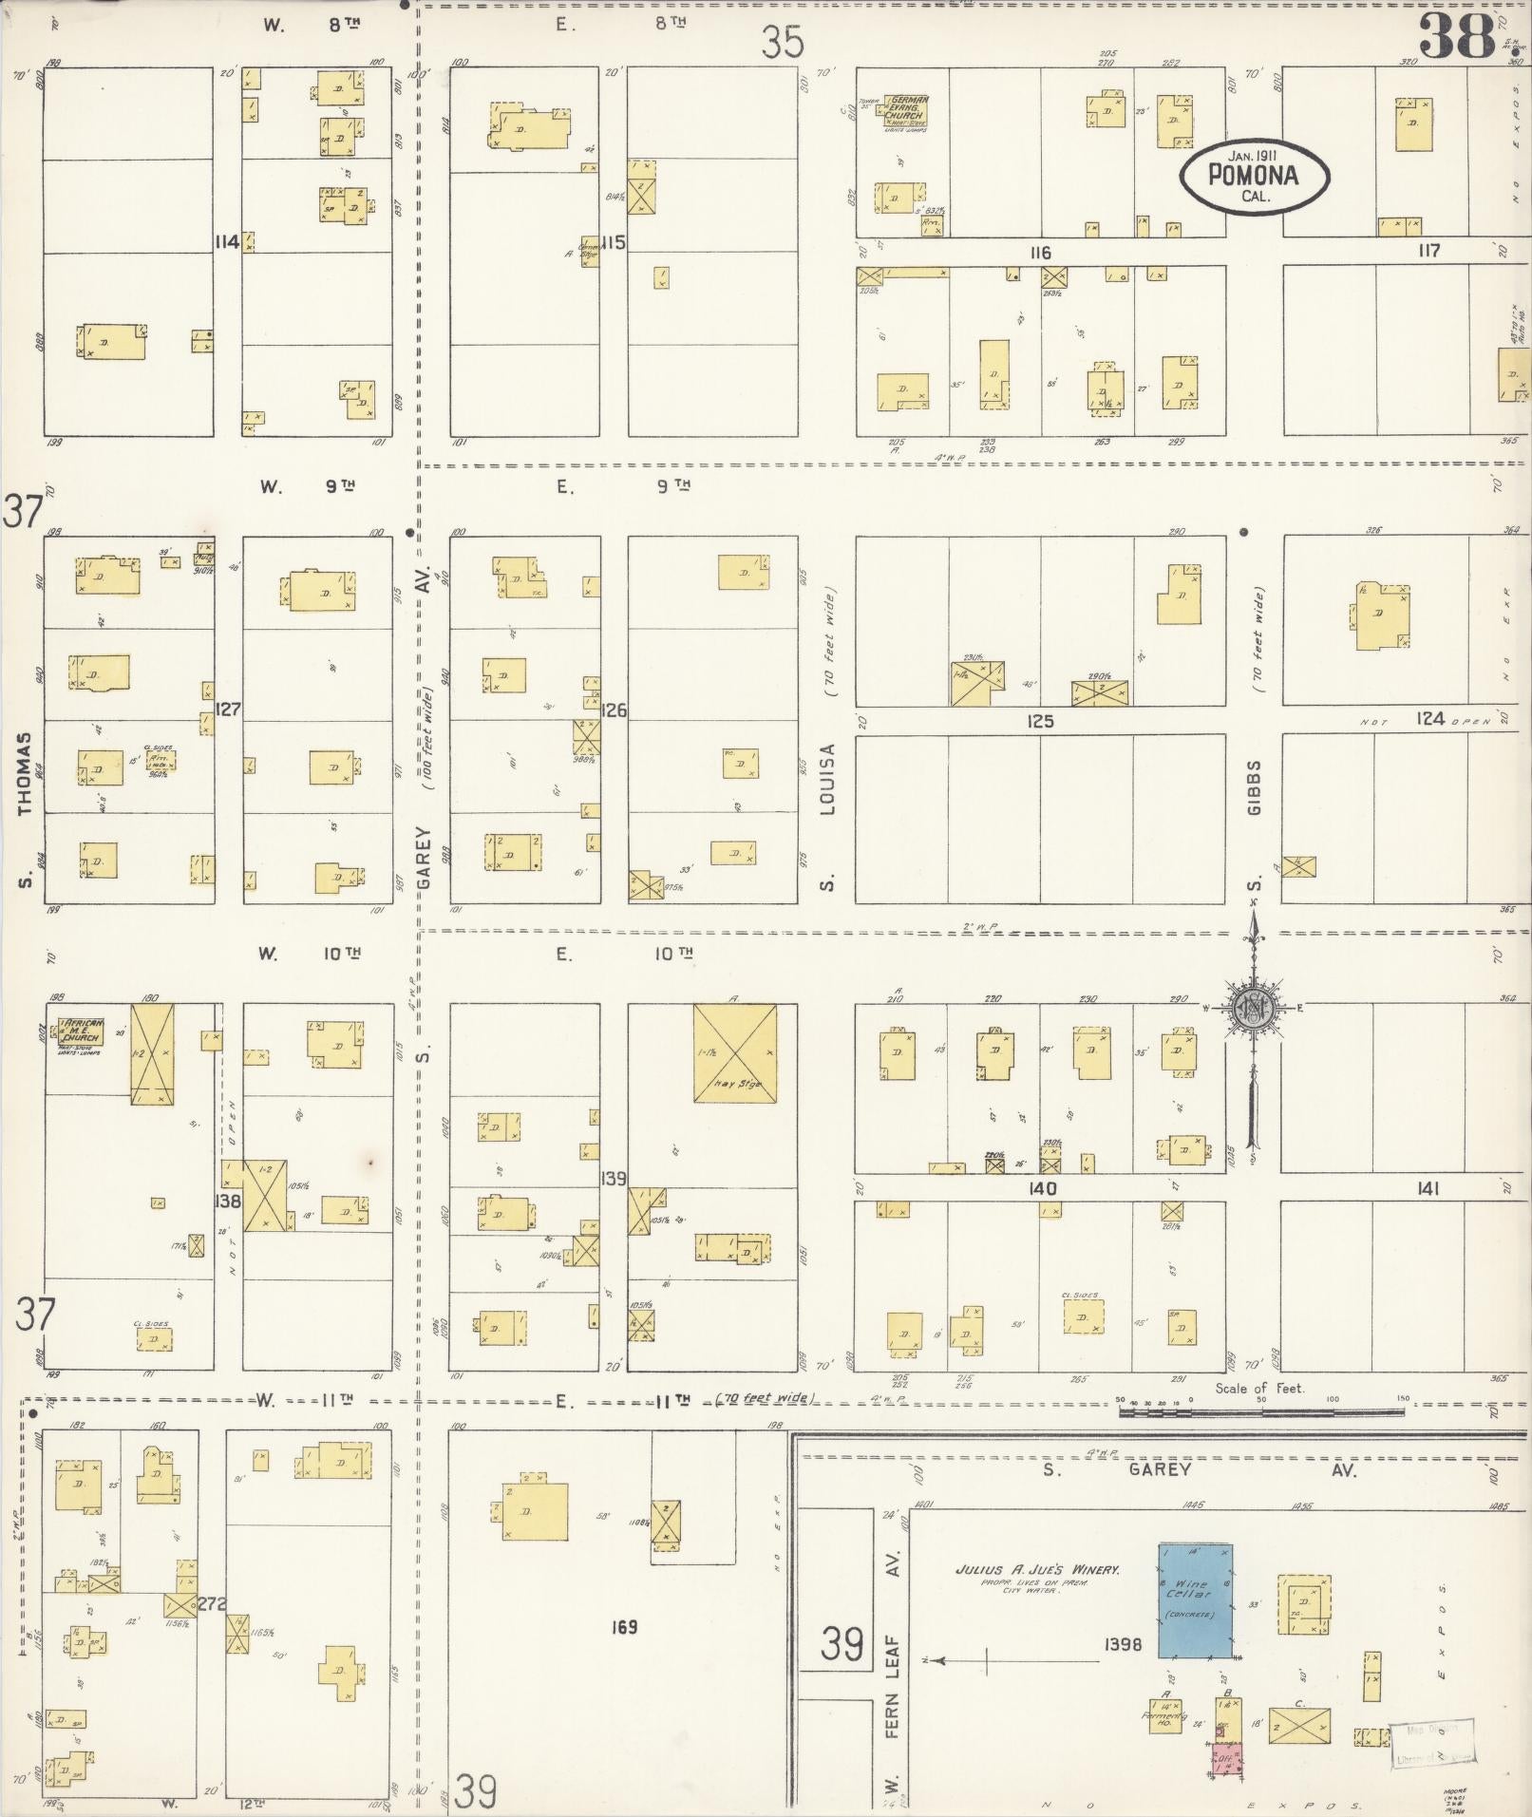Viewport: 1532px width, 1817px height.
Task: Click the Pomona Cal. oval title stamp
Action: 1253,175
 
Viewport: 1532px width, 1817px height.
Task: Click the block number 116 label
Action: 1040,253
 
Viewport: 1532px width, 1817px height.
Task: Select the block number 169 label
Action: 624,1627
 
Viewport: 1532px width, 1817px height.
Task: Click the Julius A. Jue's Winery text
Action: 1037,1570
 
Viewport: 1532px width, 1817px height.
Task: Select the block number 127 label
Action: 228,710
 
